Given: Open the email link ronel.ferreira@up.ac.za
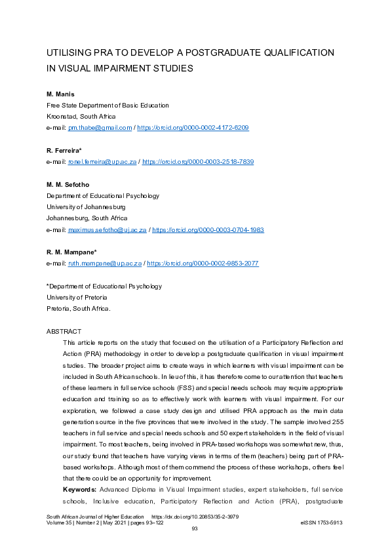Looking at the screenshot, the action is [103, 161].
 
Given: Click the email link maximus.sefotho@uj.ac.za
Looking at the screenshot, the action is [107, 229].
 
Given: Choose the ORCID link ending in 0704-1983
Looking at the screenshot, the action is [208, 229].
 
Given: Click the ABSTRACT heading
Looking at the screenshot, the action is [64, 331].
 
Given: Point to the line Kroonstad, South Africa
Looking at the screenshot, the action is [81, 117].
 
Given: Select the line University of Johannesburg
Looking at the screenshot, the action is [86, 207].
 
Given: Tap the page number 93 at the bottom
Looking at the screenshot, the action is [195, 530].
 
